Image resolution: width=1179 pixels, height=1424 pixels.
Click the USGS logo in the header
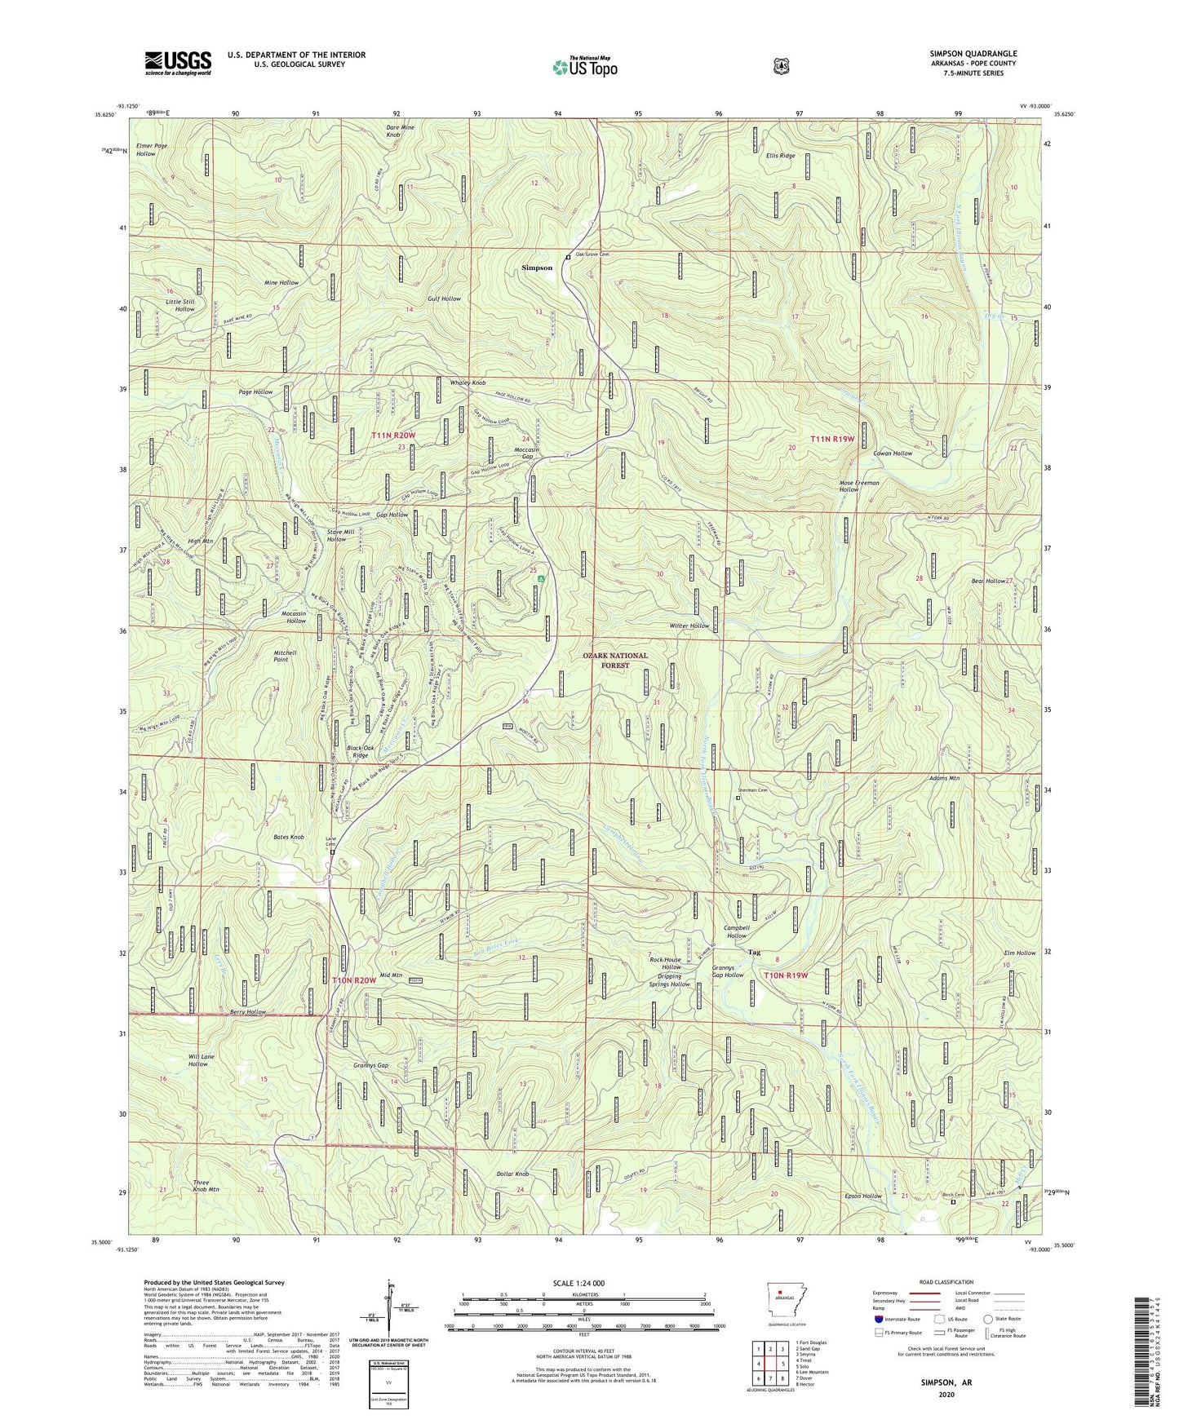point(178,63)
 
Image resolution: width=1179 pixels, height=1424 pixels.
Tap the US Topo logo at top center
point(584,67)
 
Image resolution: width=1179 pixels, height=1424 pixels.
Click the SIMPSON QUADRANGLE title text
point(973,54)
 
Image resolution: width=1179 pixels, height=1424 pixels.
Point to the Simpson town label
point(537,268)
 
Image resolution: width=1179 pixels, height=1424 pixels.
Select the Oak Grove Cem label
point(592,254)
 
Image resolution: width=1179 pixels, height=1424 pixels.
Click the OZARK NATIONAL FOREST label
point(615,661)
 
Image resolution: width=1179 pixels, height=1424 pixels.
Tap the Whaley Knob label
point(468,383)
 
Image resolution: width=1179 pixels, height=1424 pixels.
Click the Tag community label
point(754,952)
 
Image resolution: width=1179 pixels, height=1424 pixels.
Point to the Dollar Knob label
point(512,1174)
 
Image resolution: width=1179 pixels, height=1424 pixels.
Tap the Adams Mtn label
point(944,778)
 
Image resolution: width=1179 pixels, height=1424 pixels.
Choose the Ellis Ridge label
point(780,156)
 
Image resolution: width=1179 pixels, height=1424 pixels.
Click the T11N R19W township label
point(831,439)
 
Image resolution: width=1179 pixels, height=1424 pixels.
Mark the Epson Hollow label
point(863,1196)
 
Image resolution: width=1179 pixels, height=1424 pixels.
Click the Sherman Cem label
point(752,789)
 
